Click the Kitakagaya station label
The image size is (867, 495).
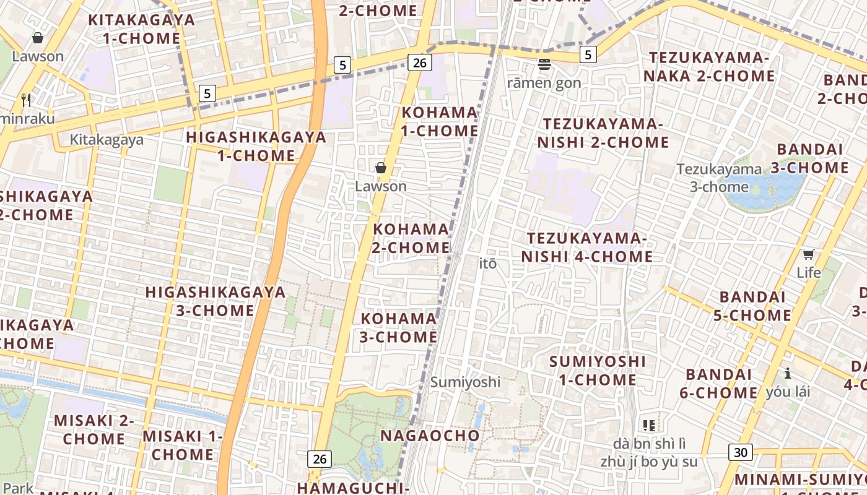coord(107,140)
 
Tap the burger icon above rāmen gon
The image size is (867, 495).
coord(545,64)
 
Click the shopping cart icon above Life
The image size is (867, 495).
coord(808,254)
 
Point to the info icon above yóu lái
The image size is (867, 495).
coord(788,373)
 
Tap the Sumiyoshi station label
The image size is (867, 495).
coord(466,382)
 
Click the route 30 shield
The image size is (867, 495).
coord(741,452)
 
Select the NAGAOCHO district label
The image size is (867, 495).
coord(430,436)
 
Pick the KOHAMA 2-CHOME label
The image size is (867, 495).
coord(411,238)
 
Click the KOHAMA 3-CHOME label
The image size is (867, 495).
coord(399,328)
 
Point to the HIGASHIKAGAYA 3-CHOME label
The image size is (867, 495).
coord(216,301)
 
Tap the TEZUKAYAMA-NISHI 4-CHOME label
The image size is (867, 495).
coord(586,247)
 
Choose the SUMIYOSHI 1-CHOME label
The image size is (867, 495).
coord(598,371)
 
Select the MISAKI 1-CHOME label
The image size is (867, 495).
coord(183,445)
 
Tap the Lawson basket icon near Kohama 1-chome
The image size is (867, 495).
coord(381,168)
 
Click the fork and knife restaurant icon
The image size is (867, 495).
coord(26,100)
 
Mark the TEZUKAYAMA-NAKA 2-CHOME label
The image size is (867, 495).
coord(712,67)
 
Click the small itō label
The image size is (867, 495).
coord(488,264)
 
